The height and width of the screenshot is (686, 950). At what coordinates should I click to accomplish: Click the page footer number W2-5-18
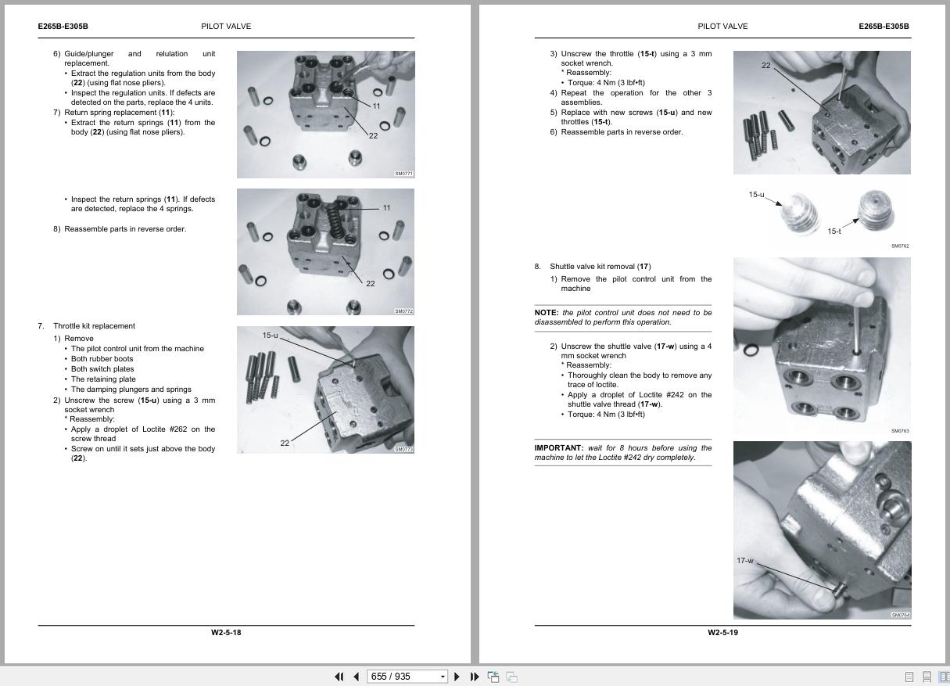click(x=226, y=632)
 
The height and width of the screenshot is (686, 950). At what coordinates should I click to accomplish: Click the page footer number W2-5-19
click(x=722, y=632)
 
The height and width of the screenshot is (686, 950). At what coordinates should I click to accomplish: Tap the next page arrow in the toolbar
click(x=457, y=677)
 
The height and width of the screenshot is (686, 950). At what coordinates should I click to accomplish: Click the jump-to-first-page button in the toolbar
click(x=339, y=677)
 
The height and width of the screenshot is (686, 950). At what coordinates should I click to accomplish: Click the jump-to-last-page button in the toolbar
click(x=474, y=677)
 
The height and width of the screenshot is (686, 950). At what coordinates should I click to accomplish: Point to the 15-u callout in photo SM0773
click(x=270, y=336)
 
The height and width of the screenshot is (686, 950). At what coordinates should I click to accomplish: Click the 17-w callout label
click(x=744, y=560)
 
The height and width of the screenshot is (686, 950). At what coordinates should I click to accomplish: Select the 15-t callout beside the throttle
click(x=833, y=231)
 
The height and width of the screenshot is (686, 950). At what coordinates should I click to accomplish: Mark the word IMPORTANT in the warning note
click(x=558, y=448)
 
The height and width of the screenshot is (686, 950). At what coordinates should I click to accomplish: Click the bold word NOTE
click(x=546, y=313)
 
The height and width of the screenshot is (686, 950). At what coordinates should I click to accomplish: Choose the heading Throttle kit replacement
click(x=94, y=326)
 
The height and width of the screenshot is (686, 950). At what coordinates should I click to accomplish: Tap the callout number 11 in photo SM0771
click(x=376, y=106)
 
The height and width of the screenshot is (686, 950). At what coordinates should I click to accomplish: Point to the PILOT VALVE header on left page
click(x=226, y=27)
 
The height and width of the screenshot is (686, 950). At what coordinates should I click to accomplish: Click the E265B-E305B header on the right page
click(x=884, y=27)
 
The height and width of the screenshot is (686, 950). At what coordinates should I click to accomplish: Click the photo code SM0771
click(x=403, y=174)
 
